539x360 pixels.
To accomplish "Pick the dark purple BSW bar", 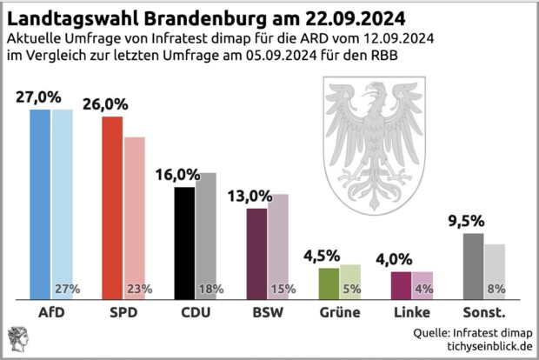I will [x=256, y=252].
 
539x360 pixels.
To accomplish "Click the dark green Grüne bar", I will [x=329, y=282].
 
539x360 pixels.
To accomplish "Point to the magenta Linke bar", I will [x=401, y=283].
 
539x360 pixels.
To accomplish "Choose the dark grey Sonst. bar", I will [x=473, y=264].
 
